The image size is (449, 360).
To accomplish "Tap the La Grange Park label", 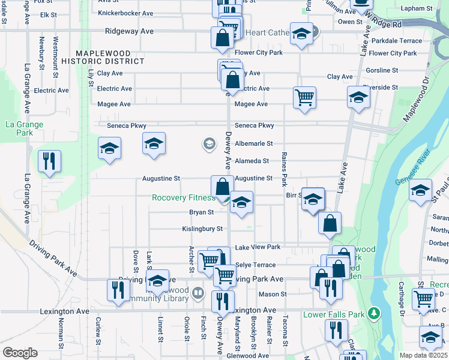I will click(24, 129).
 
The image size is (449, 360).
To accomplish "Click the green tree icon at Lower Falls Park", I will click(374, 313).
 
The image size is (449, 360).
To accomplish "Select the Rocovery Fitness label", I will click(183, 198).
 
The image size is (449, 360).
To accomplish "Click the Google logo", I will click(20, 353).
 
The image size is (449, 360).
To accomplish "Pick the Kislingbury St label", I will click(202, 229).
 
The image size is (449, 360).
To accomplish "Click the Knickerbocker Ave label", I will click(125, 13).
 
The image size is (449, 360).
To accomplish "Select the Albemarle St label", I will click(254, 144).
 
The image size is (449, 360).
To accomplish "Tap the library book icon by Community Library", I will click(198, 293).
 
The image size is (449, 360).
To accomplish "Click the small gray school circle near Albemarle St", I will click(209, 143).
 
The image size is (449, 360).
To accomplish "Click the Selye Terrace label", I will click(255, 265).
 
